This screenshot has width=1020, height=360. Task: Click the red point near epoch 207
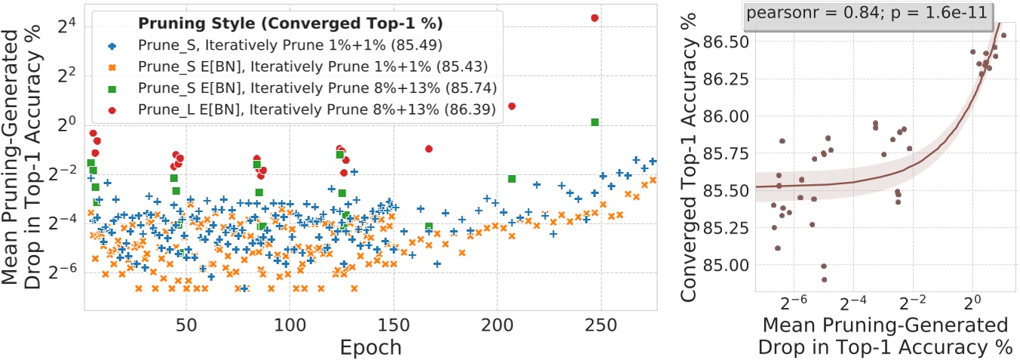click(512, 106)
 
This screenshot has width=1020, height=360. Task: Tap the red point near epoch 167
click(429, 149)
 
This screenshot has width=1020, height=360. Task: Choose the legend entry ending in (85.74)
click(316, 88)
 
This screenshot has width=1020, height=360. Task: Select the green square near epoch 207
click(512, 179)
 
